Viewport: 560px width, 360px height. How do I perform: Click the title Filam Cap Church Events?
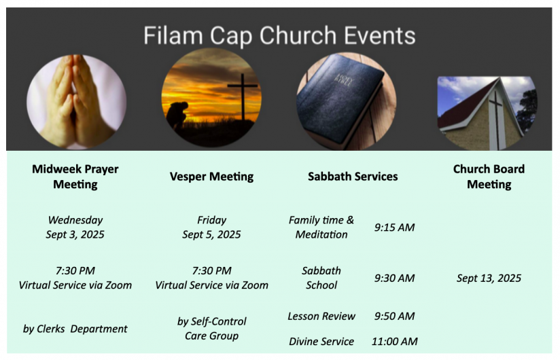(279, 35)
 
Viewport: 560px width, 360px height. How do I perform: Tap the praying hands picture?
(76, 102)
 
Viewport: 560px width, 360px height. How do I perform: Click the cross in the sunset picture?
(243, 96)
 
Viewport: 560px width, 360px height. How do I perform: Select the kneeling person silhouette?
(177, 114)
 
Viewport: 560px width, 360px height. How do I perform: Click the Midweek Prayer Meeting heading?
(75, 177)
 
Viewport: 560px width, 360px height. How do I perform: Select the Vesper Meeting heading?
(211, 176)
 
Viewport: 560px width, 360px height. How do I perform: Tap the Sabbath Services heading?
(353, 176)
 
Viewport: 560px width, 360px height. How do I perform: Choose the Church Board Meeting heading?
(489, 177)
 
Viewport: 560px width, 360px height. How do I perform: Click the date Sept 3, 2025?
(75, 234)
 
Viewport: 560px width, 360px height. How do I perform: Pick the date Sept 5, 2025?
(211, 234)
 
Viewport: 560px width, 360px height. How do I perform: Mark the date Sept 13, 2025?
(489, 278)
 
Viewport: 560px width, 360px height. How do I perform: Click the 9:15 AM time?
(394, 228)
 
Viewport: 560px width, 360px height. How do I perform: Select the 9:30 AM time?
(394, 278)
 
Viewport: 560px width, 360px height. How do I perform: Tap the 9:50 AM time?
(394, 316)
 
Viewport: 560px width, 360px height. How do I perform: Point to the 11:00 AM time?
(394, 342)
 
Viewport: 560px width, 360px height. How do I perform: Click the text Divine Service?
(321, 342)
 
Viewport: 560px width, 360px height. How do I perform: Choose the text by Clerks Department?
(75, 329)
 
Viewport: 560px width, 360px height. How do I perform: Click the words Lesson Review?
(321, 316)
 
